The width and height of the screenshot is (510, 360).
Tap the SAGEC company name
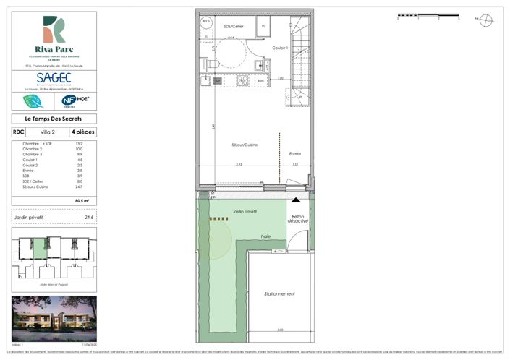pos(54,76)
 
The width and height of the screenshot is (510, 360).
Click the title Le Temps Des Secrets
pos(54,119)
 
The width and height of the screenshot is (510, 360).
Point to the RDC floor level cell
pos(18,132)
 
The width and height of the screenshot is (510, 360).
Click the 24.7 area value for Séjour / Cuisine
pos(90,187)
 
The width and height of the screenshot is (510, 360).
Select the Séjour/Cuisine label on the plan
pos(240,145)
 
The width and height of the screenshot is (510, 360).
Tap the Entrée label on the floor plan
pos(295,153)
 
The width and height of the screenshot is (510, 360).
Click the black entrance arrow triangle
pos(295,199)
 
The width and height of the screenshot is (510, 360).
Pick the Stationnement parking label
pos(279,293)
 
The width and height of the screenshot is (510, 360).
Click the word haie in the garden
pos(265,236)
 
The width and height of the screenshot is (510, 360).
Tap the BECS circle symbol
pos(205,22)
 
